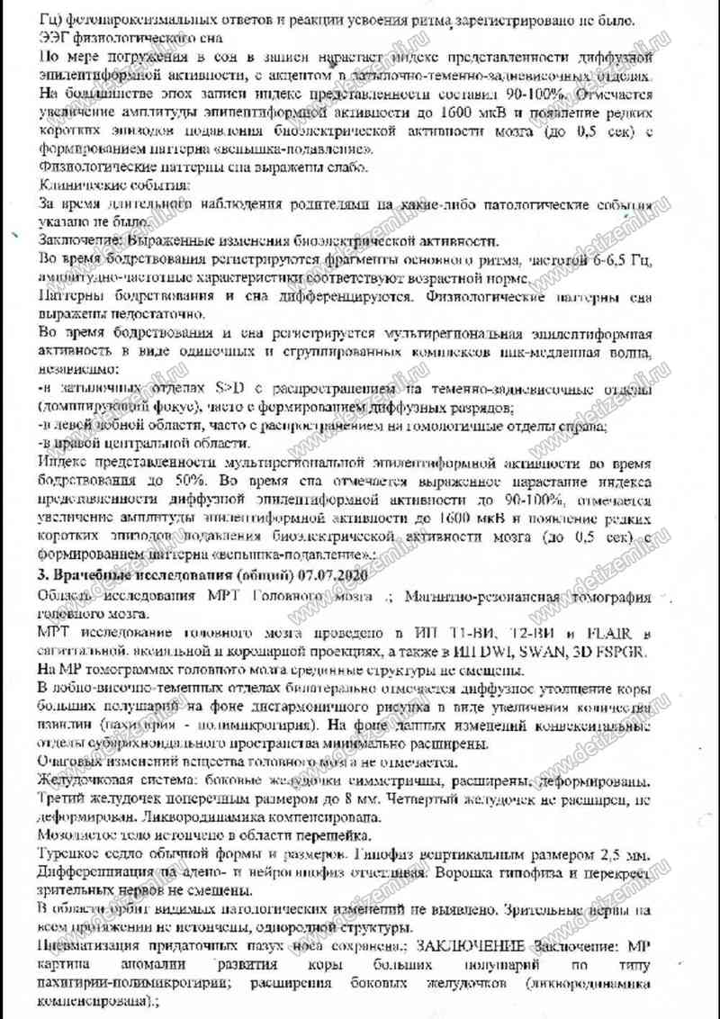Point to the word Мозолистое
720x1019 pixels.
pyautogui.click(x=75, y=834)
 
